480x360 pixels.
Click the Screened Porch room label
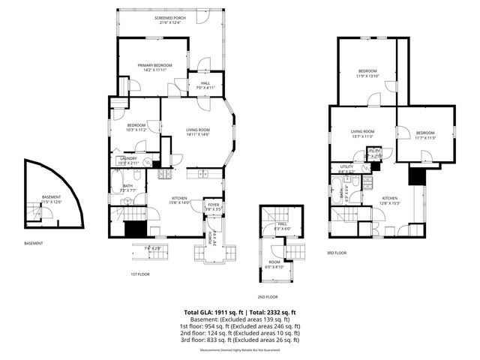pos(170,20)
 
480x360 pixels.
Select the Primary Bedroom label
pos(154,67)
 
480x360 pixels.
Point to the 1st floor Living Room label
pos(198,132)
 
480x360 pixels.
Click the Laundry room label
pos(127,160)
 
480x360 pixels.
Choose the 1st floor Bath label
pos(127,188)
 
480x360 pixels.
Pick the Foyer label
pos(214,206)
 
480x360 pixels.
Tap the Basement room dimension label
pos(51,199)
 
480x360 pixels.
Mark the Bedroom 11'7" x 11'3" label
pos(425,136)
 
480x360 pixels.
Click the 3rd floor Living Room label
pos(362,134)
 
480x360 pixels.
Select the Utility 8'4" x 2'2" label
pos(346,169)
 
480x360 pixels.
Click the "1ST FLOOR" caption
pos(141,274)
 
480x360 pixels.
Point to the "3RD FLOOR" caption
pos(337,253)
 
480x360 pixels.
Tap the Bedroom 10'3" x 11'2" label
pos(136,127)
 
